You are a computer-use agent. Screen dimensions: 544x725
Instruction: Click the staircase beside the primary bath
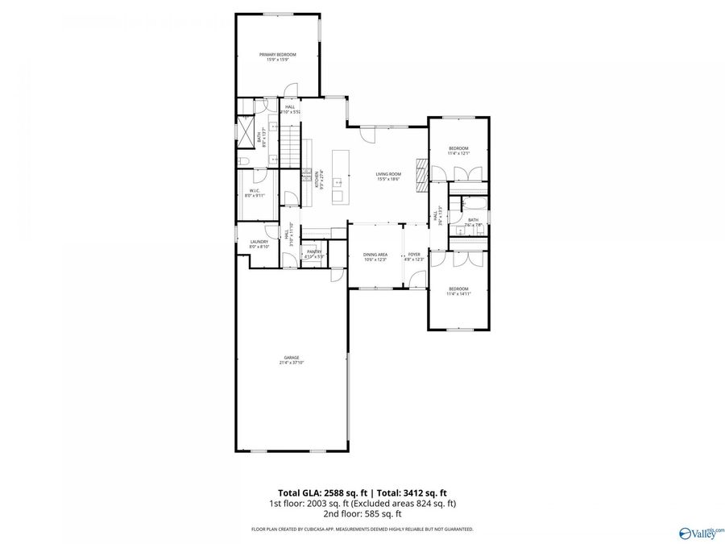[x=289, y=151]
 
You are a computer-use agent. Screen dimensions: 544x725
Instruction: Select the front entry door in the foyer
[x=416, y=280]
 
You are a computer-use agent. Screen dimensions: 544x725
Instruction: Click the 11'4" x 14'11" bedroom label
[x=458, y=291]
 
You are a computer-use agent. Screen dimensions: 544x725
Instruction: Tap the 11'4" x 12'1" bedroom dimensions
[x=458, y=153]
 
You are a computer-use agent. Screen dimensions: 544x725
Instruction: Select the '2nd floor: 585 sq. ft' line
[x=362, y=513]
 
